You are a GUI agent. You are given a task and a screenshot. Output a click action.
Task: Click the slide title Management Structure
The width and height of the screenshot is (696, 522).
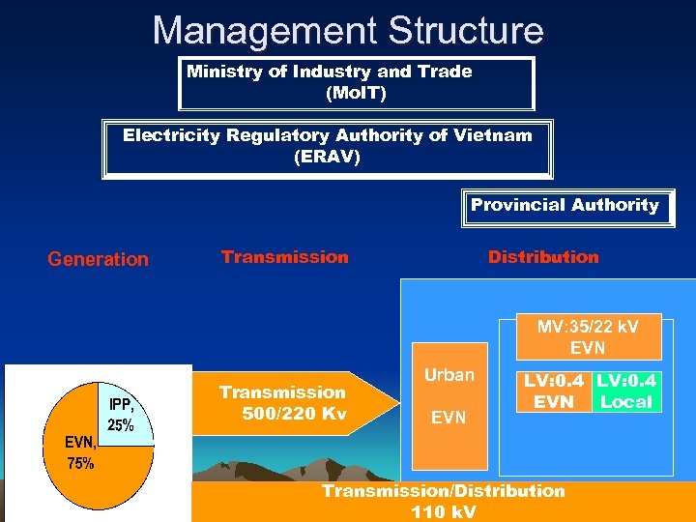coord(348,30)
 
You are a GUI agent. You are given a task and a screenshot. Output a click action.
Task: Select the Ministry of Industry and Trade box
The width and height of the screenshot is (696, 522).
coord(356,83)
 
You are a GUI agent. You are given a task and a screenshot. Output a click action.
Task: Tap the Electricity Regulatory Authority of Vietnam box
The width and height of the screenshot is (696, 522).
coord(328,148)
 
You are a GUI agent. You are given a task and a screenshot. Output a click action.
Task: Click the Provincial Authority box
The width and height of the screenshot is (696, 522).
coord(565,206)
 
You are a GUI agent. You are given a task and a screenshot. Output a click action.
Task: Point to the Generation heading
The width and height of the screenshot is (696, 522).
coord(98,259)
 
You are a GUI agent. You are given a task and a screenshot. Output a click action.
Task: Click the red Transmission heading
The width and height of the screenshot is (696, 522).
coord(284,257)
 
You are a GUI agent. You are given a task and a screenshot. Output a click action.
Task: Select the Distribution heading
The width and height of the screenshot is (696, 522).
coord(543,257)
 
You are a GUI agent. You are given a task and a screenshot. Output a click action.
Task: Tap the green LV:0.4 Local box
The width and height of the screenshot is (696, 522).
coord(626,391)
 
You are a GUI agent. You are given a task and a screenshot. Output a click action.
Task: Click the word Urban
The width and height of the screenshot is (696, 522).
coord(449,375)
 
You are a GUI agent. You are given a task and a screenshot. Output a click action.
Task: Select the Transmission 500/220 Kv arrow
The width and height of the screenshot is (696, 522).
coord(290,403)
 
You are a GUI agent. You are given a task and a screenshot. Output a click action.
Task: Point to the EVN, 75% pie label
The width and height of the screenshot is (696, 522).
coord(79,452)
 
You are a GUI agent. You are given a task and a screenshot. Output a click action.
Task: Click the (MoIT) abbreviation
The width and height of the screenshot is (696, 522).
coord(356,94)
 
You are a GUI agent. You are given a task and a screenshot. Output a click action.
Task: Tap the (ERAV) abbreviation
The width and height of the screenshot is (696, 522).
coord(327,158)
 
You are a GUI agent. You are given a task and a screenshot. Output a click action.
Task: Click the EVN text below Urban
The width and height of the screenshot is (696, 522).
coord(449,419)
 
